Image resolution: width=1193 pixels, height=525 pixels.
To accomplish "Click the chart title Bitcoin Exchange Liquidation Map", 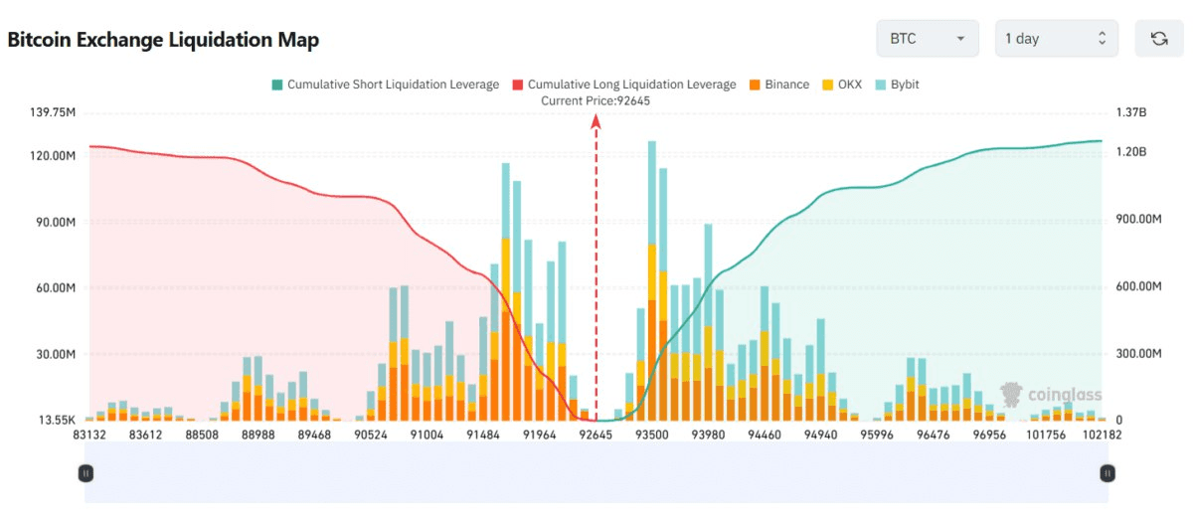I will click(163, 40).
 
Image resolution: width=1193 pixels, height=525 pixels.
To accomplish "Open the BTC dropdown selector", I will click(927, 39).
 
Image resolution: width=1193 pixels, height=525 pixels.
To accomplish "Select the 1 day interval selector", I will click(1056, 39).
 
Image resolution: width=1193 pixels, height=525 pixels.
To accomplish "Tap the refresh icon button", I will click(1158, 39).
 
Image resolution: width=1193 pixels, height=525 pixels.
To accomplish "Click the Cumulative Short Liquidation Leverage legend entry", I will click(385, 85).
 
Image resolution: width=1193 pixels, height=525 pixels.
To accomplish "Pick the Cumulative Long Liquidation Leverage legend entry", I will click(623, 85).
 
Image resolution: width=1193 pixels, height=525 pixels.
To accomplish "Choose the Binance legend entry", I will click(778, 85).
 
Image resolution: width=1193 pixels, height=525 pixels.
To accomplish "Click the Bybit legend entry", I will click(897, 85).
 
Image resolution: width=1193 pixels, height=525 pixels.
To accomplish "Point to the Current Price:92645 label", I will click(595, 100).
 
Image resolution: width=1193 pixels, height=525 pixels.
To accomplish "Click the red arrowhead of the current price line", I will click(596, 120).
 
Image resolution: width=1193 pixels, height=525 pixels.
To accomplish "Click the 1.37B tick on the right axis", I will click(1131, 113).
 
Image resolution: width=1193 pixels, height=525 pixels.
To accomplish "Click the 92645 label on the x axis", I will click(596, 435).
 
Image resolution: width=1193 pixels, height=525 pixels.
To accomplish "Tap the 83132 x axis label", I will click(89, 435).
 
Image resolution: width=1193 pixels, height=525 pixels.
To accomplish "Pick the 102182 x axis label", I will click(1103, 435).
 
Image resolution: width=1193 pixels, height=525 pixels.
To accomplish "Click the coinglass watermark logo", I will click(1050, 395).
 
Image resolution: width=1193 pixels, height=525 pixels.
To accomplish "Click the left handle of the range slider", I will click(86, 473).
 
